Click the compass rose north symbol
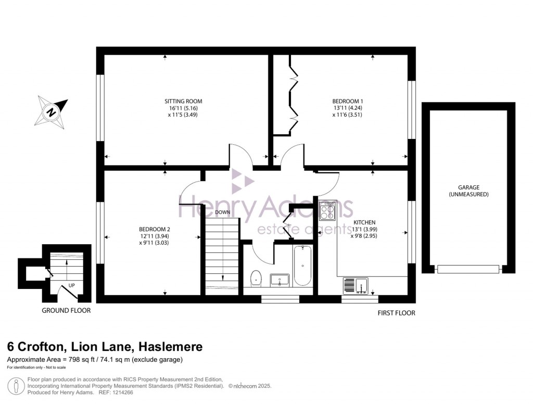[53, 111]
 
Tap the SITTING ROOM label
[183, 101]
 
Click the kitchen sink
[356, 286]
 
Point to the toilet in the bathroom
[256, 278]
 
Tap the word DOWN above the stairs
[222, 212]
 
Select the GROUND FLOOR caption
[66, 311]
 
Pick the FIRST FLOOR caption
[396, 313]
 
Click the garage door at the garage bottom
[468, 269]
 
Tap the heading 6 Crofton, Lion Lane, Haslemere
[105, 347]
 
